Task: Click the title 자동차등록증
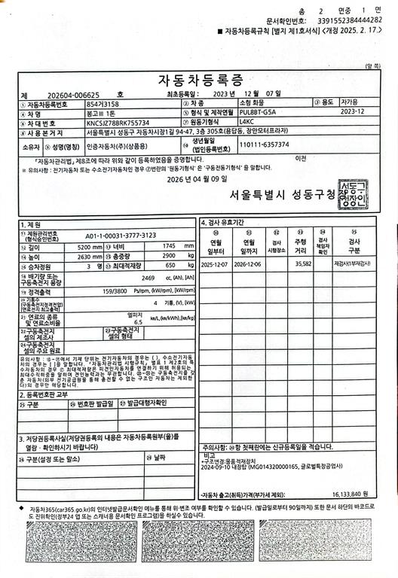coord(198,80)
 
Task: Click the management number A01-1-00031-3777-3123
coord(117,235)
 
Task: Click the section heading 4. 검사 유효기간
coord(223,223)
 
